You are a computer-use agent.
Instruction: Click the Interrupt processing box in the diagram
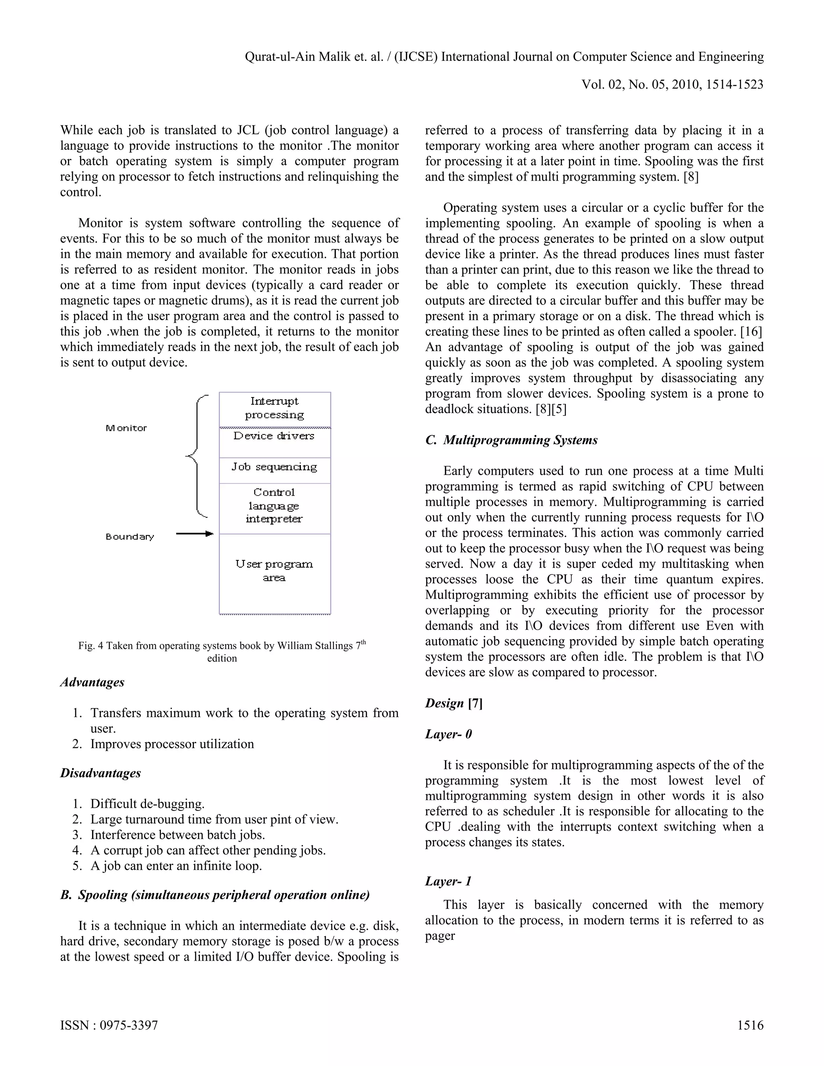pos(274,409)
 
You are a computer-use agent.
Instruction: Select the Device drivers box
pos(274,442)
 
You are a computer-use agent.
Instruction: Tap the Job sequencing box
pos(274,469)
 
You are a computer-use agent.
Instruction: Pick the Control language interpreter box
pos(274,507)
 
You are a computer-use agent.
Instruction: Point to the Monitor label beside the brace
pos(126,428)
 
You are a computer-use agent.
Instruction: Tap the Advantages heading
pos(92,682)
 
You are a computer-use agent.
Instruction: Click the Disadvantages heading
pos(101,773)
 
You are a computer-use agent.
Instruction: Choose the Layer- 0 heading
pos(448,734)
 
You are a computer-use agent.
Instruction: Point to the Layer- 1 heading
pos(448,881)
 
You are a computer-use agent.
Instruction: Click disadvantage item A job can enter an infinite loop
pos(176,866)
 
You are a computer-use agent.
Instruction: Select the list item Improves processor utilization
pos(172,744)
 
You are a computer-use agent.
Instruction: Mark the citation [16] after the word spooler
pos(751,332)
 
